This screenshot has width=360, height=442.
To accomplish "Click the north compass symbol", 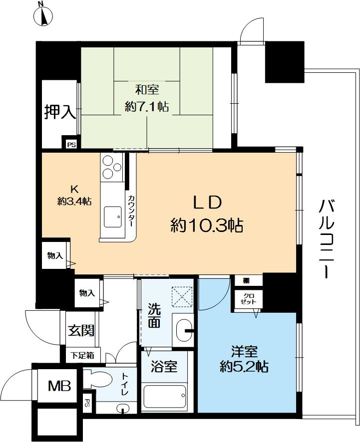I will [x=43, y=16].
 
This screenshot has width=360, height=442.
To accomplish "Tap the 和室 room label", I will [x=147, y=90].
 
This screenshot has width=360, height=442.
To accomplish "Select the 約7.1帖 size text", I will [x=146, y=106].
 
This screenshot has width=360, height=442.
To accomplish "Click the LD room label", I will [x=207, y=202].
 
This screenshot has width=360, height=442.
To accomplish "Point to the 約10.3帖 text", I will [x=207, y=226].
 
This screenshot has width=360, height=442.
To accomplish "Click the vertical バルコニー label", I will [x=325, y=238].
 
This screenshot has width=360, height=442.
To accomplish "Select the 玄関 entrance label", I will [x=81, y=330].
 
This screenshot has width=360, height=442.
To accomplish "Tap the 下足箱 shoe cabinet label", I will [x=82, y=355].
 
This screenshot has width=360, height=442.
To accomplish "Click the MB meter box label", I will [x=58, y=386].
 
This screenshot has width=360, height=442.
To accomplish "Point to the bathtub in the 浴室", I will [x=165, y=398].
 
